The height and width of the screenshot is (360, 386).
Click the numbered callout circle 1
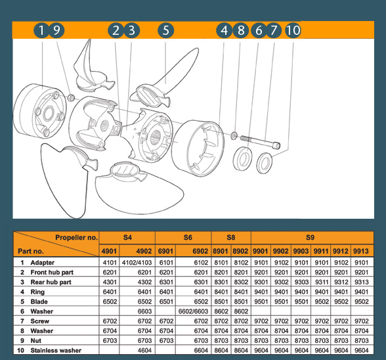pyautogui.click(x=41, y=30)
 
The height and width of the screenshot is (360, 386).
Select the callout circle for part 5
pyautogui.click(x=165, y=30)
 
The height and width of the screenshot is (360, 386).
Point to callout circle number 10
pyautogui.click(x=293, y=30)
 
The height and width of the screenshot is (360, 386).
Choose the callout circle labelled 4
pyautogui.click(x=225, y=30)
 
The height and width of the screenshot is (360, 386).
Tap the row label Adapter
pyautogui.click(x=43, y=262)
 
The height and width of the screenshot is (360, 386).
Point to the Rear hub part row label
pyautogui.click(x=52, y=282)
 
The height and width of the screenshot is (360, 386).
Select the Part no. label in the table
pyautogui.click(x=33, y=251)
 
